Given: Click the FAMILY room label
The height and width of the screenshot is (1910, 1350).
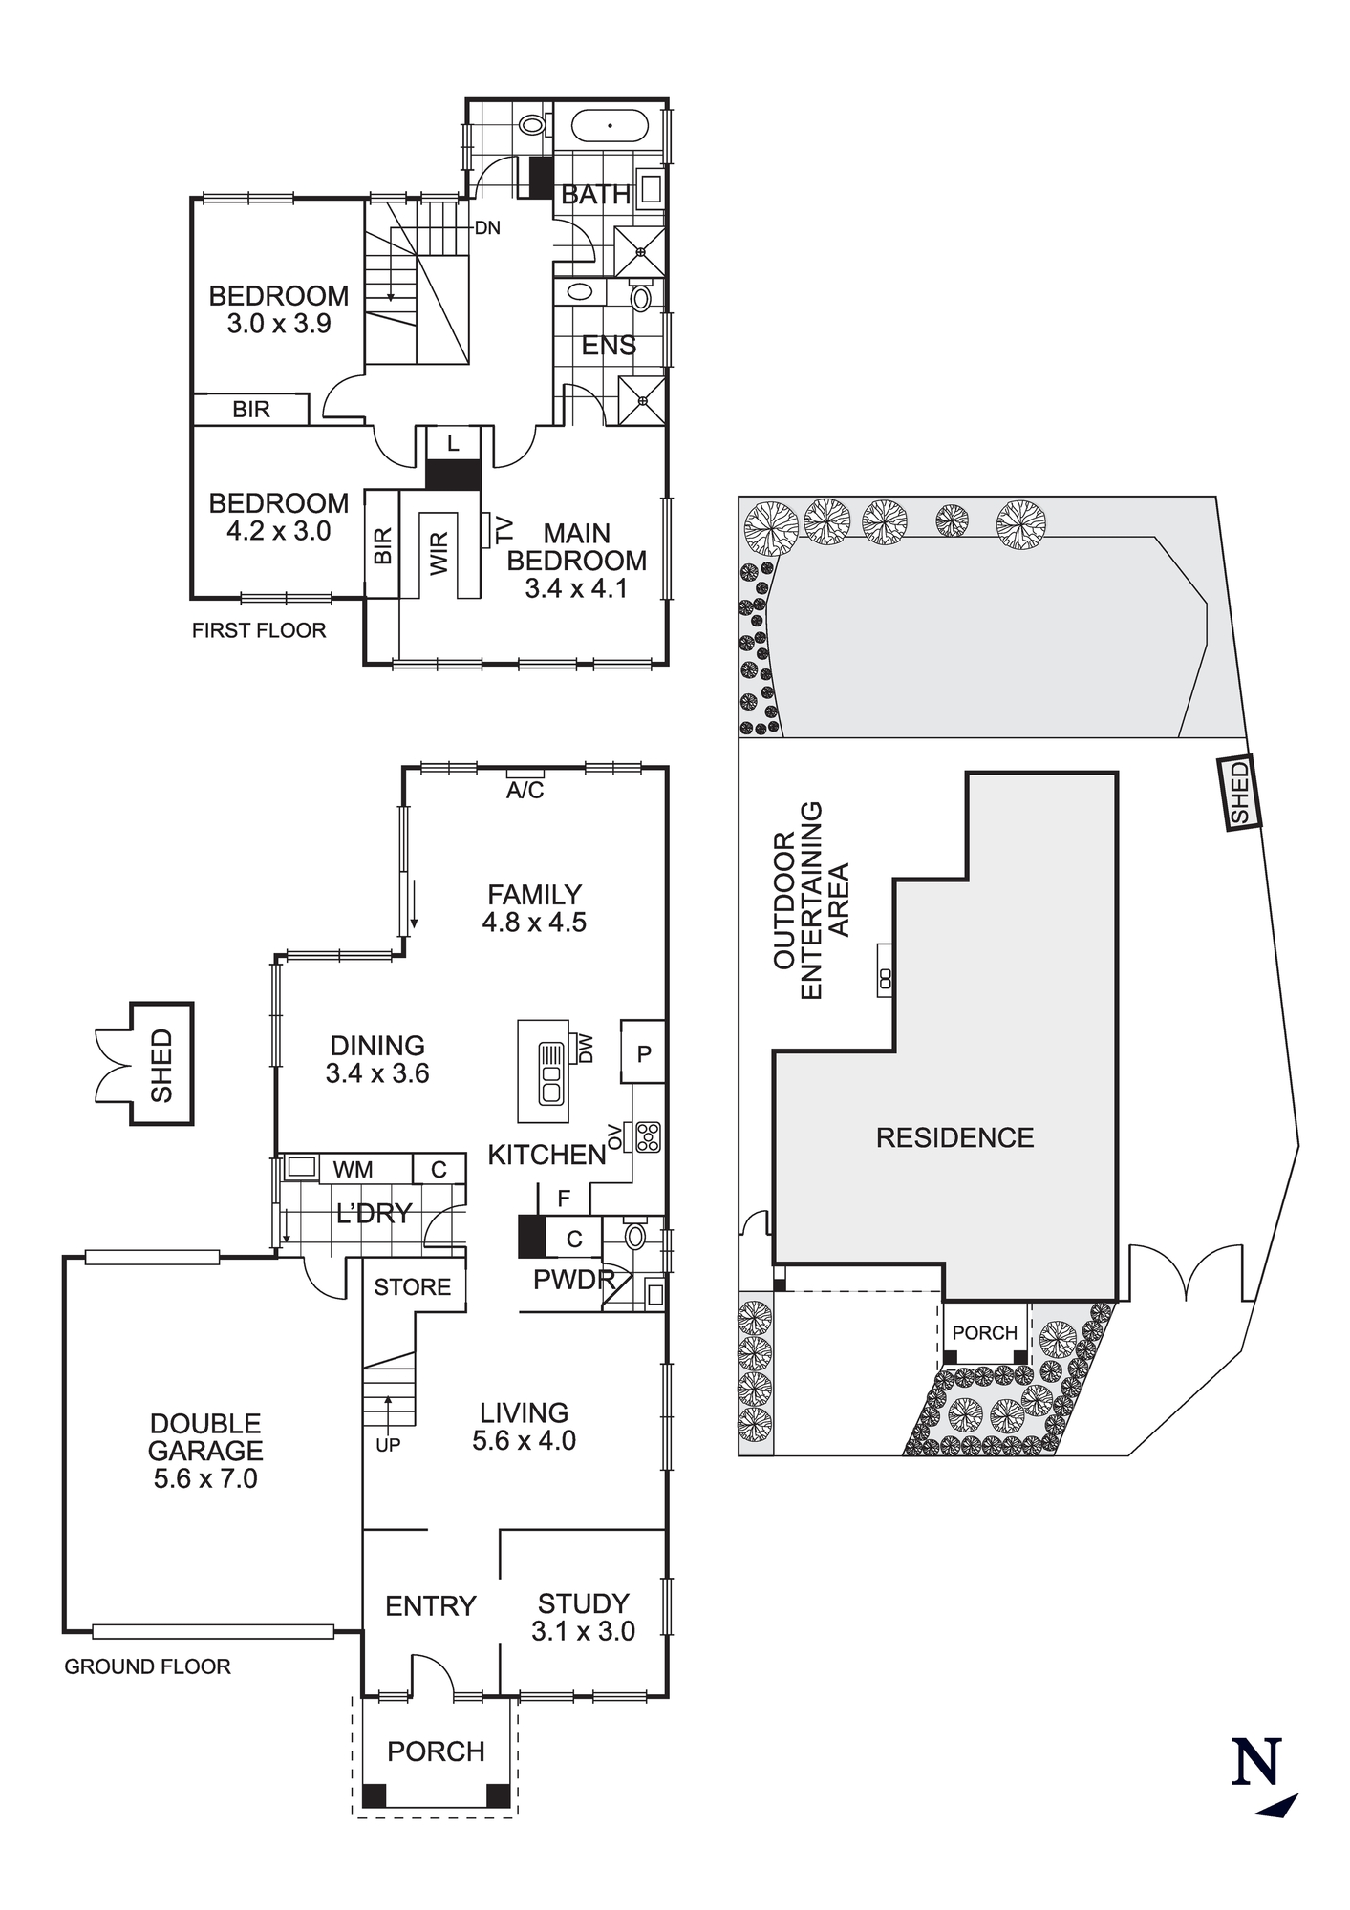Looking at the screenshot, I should pos(534,895).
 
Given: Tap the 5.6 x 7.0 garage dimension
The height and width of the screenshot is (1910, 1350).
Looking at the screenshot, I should pos(205,1478).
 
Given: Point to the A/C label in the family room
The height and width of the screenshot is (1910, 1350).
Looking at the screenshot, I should pos(525,791).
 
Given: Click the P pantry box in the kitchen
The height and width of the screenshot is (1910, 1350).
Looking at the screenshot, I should pos(644,1054).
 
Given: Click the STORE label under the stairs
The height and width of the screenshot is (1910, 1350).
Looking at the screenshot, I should pos(412,1287).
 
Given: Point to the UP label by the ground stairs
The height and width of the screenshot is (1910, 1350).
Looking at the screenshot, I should pos(388,1445).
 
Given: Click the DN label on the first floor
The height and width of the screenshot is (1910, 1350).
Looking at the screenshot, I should pos(487,228).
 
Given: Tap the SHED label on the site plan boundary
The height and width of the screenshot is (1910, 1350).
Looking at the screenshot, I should pos(1239,792).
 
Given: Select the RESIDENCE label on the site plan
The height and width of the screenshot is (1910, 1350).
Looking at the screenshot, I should pos(954,1137).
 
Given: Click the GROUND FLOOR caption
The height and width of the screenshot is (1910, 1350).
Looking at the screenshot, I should pos(147,1666).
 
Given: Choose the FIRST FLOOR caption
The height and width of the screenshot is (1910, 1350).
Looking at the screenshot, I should pos(259,630).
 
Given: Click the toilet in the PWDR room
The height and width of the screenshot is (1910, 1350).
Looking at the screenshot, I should pos(636,1237).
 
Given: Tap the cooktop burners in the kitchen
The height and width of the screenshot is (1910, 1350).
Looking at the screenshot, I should pos(649,1136).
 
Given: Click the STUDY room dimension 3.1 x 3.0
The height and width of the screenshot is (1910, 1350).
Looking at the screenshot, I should pos(583,1631).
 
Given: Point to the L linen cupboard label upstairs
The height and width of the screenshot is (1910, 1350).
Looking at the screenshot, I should pos(453,443).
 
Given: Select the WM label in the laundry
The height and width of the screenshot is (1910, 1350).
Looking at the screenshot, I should pos(353,1169).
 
